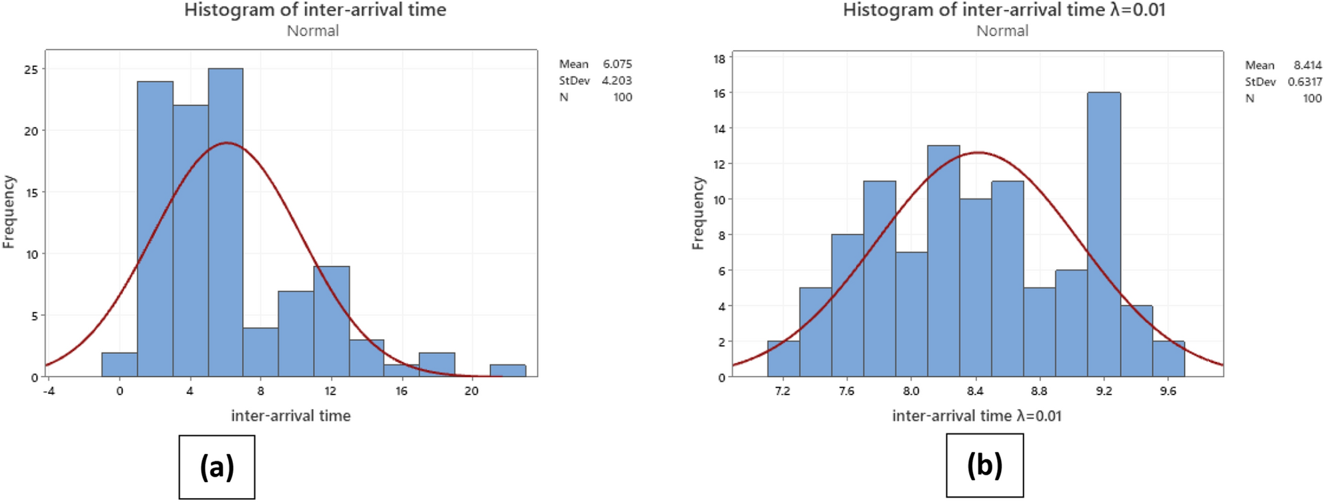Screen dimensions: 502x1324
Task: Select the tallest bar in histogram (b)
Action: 1104,234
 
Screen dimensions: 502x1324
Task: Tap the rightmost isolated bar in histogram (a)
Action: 508,370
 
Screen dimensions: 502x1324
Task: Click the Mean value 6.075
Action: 617,64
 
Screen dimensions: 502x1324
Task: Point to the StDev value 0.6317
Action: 1305,81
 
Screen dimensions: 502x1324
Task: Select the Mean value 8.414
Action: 1307,65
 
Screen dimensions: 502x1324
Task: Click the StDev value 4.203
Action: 617,80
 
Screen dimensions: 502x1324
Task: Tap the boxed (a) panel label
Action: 217,467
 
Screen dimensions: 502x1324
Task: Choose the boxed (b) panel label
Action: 984,465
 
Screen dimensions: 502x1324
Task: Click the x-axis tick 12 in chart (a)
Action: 330,391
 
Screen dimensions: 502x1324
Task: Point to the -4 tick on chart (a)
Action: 49,391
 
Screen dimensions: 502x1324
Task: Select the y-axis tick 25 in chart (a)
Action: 31,69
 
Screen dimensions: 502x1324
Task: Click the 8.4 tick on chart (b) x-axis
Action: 975,391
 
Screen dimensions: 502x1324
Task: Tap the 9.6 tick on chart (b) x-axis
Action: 1168,391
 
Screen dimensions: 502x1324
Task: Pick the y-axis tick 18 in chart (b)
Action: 719,59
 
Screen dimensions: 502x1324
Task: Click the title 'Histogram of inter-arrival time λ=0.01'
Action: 1004,10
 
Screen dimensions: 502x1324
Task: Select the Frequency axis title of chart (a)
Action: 9,212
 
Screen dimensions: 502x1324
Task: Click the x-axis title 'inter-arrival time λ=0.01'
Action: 976,416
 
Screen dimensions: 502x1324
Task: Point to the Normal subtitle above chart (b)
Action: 1002,31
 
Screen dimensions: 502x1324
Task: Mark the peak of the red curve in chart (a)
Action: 226,142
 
